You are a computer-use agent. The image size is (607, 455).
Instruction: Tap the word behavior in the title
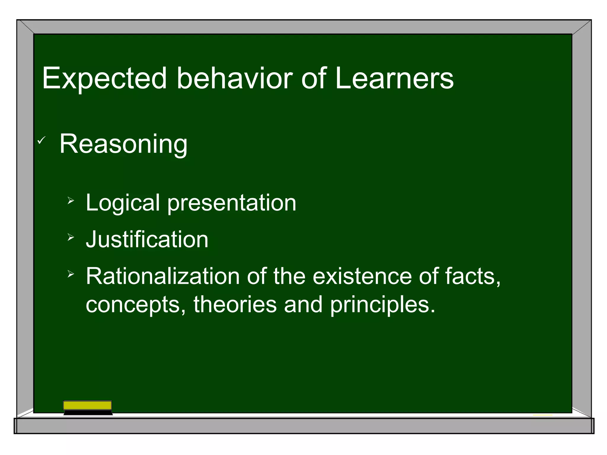pos(234,78)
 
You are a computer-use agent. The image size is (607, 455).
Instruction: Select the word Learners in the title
pos(394,78)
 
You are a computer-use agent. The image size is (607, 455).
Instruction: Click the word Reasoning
pos(123,144)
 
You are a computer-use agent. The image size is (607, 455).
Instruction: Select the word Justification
pos(147,239)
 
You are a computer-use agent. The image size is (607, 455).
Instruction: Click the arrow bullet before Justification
pos(71,237)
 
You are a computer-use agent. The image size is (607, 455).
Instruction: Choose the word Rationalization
pos(162,276)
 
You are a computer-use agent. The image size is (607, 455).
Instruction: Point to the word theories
pos(235,305)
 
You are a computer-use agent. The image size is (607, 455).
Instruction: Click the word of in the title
pos(314,78)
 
